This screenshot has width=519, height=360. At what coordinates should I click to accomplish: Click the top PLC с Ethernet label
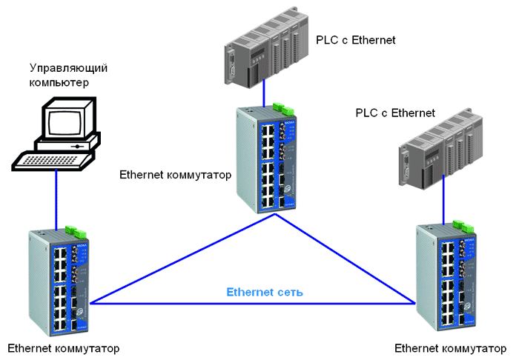(355, 39)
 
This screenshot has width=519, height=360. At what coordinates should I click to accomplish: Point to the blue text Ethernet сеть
(265, 292)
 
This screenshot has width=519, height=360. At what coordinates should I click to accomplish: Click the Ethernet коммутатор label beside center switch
(175, 175)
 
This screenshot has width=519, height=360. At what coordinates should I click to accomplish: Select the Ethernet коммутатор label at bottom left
(63, 347)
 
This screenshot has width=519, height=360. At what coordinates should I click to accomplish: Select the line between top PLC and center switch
(264, 93)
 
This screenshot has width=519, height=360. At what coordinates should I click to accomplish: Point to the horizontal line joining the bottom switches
(252, 303)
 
